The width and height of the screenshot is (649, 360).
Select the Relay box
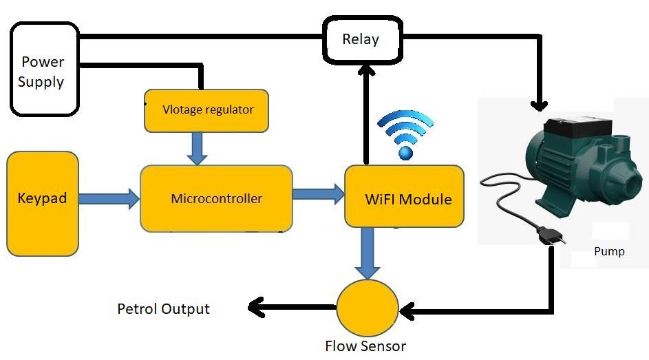tap(362, 39)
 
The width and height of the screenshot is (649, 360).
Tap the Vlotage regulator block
tap(206, 110)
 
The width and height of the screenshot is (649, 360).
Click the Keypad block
tap(43, 200)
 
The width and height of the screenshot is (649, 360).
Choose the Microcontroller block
tap(216, 199)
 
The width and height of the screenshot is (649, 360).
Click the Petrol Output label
tap(163, 308)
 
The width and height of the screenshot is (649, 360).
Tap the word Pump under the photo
tap(609, 252)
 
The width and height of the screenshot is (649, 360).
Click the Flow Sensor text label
tap(365, 346)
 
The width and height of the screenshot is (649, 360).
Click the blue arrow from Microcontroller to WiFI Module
tap(319, 194)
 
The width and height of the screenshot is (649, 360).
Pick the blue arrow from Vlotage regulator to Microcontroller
tap(198, 148)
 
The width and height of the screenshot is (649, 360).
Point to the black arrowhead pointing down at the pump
tap(540, 103)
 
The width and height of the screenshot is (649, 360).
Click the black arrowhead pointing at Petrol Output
tap(257, 307)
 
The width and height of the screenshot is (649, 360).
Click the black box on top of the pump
tap(577, 127)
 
